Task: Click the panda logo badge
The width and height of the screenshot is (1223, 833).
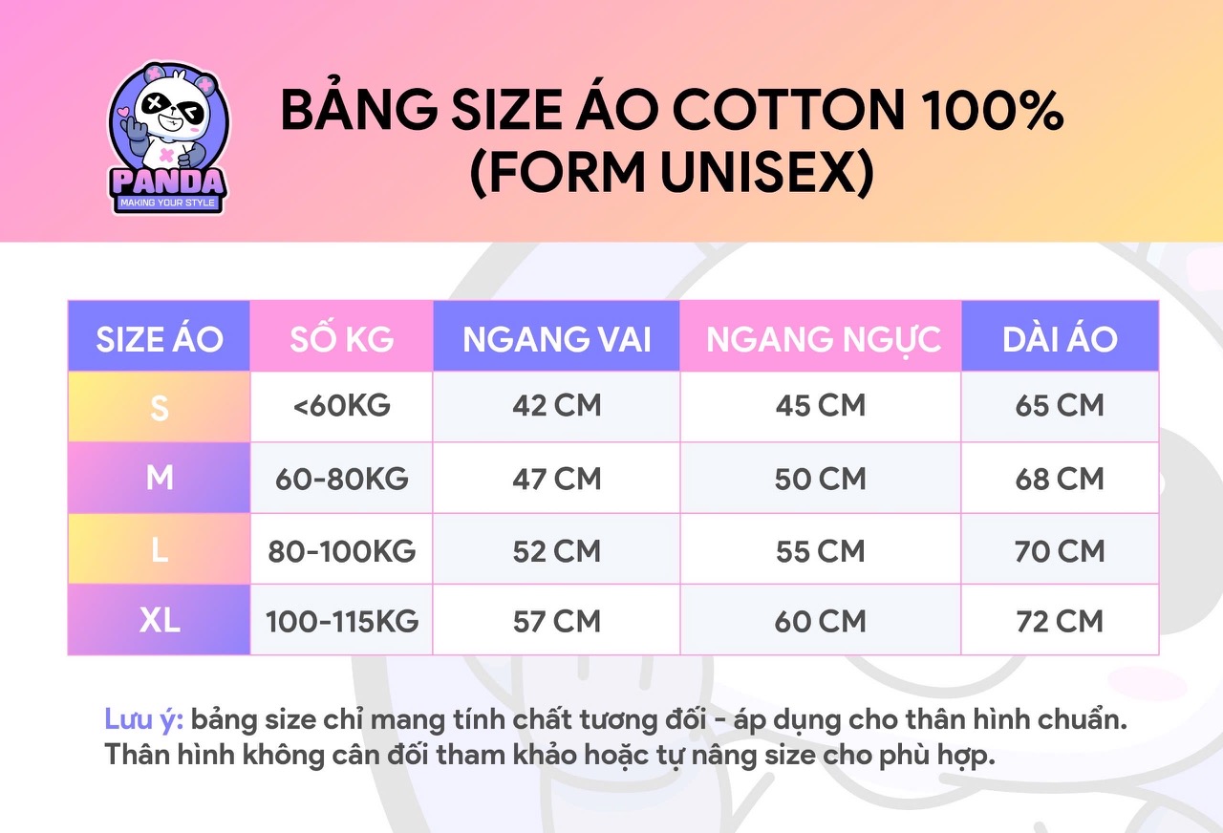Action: click(168, 139)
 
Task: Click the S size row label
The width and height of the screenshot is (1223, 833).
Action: click(160, 407)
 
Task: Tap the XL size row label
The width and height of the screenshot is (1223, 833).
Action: click(160, 620)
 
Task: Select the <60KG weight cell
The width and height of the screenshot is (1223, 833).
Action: click(342, 406)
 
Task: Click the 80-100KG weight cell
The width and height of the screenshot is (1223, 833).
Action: click(342, 550)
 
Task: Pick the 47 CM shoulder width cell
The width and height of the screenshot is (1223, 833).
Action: click(556, 479)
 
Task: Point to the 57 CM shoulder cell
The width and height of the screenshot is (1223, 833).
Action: click(556, 621)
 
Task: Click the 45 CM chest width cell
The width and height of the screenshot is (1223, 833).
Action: click(821, 406)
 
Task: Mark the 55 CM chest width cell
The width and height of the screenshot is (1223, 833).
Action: click(821, 550)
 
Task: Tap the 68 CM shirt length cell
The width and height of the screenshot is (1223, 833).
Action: click(1060, 479)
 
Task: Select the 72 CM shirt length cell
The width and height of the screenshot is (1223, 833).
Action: click(1060, 621)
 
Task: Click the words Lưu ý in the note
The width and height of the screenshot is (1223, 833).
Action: click(143, 720)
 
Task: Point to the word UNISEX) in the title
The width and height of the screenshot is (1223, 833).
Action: click(767, 173)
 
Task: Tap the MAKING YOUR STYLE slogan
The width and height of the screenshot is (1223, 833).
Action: click(167, 203)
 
